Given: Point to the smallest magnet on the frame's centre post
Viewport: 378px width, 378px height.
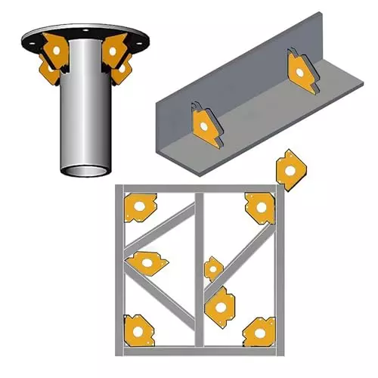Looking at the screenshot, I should tap(213, 268).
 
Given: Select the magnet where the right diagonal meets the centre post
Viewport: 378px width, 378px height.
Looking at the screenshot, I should tap(218, 303).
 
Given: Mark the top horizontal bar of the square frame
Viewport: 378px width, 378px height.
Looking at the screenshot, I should tap(198, 187).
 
